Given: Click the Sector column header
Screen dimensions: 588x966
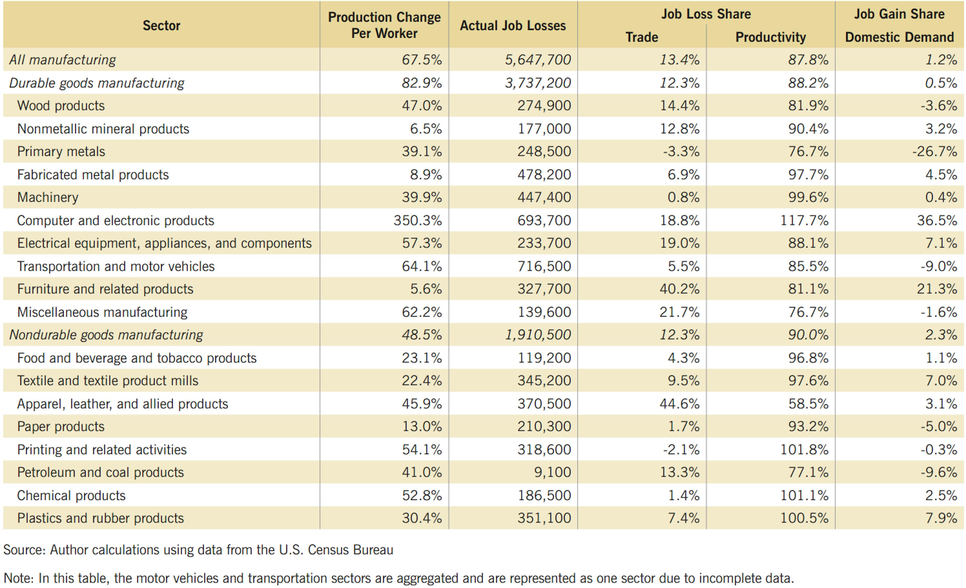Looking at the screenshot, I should click(161, 25).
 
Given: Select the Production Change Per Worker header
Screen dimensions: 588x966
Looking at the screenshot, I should click(384, 25).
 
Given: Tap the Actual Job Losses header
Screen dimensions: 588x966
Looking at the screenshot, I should click(513, 25).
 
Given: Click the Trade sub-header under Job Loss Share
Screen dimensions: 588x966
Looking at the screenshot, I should click(641, 37).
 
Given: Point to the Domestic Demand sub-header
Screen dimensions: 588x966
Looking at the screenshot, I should click(899, 37).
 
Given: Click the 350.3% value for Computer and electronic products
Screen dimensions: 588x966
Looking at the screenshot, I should click(418, 220).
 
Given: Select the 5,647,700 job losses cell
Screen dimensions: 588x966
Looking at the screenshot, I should click(538, 60).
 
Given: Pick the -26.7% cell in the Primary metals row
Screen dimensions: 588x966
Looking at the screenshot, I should click(935, 151).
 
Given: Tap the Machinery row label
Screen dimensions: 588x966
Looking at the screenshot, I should click(48, 197).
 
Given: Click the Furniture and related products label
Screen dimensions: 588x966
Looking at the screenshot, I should click(105, 289).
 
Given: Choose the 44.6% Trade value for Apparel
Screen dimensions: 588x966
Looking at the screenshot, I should click(679, 403).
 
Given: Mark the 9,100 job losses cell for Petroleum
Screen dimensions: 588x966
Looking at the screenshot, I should click(552, 472).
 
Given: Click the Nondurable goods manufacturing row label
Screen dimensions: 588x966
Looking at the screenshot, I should click(106, 335).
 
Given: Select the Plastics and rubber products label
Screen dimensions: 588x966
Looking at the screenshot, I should click(100, 518).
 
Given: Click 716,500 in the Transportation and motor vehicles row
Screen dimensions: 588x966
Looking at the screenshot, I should click(544, 266).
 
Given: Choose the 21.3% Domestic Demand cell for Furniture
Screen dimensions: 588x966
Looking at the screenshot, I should click(937, 289).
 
